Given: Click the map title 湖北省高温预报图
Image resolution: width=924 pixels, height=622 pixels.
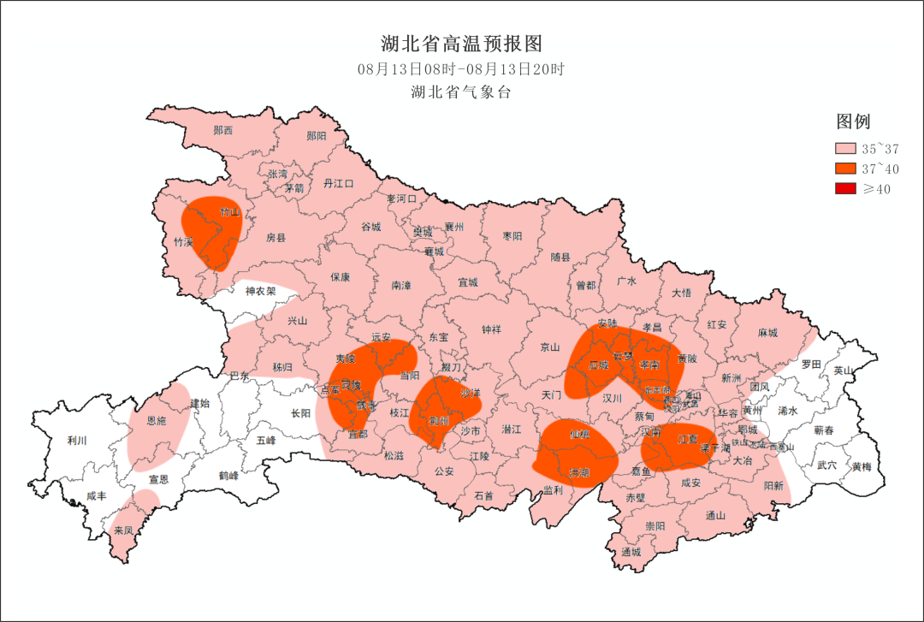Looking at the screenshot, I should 461,44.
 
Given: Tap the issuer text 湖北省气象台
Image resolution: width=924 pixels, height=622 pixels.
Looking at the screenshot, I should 461,92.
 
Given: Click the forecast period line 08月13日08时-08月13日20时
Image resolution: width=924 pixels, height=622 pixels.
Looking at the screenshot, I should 461,68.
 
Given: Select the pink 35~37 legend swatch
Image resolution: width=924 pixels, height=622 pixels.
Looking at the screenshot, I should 847,149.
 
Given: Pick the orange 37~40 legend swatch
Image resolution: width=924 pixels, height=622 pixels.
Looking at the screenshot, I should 847,169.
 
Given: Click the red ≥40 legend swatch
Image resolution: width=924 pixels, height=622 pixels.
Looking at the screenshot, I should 847,189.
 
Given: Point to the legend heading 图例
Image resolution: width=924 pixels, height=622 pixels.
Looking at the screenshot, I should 853,121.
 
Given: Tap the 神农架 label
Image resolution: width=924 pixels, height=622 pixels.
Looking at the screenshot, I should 261,291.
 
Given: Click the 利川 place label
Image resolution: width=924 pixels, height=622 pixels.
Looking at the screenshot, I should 77,441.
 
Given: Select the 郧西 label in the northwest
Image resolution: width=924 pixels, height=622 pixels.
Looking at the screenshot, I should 223,131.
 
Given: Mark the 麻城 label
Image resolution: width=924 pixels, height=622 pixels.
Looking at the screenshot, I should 767,333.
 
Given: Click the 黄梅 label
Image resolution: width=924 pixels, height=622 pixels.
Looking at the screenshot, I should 862,467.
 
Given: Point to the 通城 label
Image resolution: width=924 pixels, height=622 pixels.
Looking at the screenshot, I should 631,552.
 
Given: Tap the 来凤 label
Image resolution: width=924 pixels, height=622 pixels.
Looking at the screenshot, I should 124,530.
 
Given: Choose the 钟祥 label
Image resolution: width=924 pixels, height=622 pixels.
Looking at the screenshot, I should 491,329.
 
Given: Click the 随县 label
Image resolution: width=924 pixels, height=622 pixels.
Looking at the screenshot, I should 560,256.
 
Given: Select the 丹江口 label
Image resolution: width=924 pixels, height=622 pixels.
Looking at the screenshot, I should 338,183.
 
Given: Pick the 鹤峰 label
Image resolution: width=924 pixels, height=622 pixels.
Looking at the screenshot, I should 228,476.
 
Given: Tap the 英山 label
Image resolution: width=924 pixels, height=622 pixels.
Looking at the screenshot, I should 844,370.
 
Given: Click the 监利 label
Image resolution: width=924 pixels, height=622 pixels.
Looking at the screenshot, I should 554,490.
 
